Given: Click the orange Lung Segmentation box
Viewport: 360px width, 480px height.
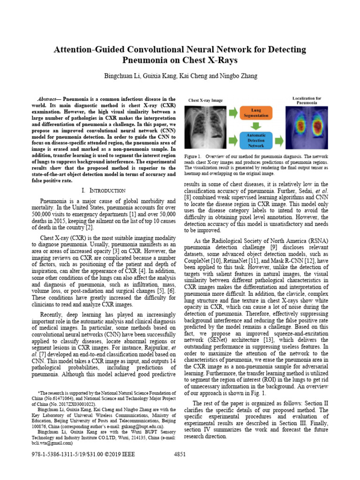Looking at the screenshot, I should click(256, 112).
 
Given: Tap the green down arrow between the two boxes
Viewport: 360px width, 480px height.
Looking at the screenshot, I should click(256, 126).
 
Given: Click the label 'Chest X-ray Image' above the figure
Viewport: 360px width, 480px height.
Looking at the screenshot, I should click(205, 100).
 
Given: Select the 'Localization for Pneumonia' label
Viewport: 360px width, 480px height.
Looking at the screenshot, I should click(307, 101).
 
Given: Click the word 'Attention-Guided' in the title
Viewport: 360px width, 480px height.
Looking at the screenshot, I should click(88, 49).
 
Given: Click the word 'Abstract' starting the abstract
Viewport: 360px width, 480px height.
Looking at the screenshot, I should click(48, 100).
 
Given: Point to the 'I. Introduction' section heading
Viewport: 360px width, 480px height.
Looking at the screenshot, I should click(103, 190).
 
